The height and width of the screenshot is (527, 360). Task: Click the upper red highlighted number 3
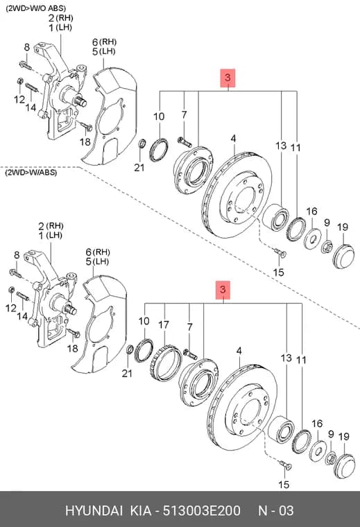228,78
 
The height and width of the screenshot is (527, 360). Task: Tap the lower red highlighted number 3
223,290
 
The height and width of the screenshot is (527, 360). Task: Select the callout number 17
164,325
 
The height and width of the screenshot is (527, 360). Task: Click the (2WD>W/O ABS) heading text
35,8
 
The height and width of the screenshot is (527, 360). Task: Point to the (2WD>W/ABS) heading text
31,173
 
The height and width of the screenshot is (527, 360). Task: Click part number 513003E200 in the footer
202,510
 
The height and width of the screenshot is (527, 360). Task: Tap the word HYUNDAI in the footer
94,510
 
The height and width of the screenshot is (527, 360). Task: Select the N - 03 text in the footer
275,510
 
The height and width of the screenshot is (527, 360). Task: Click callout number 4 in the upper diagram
233,139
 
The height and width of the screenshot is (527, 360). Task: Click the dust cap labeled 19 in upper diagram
343,257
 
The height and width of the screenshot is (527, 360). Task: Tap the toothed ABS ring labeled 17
165,363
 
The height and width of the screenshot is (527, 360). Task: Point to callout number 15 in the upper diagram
278,272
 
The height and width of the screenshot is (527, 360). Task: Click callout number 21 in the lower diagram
127,373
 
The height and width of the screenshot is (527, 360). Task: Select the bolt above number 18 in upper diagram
87,126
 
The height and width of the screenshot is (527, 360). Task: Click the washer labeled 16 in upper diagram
313,239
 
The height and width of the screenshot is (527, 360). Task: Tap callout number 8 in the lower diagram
17,255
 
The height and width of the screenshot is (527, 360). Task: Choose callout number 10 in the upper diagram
159,116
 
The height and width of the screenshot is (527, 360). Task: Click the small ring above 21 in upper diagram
142,144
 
